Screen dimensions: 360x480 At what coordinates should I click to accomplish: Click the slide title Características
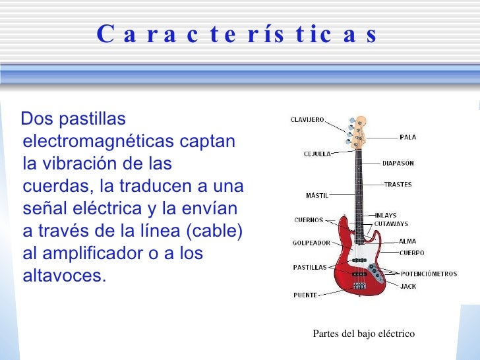click(x=237, y=34)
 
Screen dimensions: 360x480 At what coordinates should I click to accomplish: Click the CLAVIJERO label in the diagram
click(x=307, y=120)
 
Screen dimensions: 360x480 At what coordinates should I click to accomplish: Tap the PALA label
click(x=407, y=137)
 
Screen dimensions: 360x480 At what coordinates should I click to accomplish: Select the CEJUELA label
click(x=317, y=154)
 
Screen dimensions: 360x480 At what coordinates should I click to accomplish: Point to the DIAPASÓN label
click(x=398, y=163)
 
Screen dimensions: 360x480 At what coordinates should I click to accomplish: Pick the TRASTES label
click(x=398, y=185)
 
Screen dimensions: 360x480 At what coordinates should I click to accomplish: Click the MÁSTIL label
click(x=317, y=195)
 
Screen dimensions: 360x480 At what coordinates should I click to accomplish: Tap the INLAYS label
click(x=386, y=215)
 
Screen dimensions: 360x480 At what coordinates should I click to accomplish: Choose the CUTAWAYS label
click(x=391, y=224)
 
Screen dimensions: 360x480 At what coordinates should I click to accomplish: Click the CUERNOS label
click(x=309, y=220)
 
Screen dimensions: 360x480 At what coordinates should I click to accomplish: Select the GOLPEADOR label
click(x=311, y=243)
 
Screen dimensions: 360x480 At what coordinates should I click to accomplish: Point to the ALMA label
click(x=407, y=242)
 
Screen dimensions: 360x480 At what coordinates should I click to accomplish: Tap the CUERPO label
click(x=411, y=253)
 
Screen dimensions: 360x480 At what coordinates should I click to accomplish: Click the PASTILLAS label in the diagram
click(x=310, y=267)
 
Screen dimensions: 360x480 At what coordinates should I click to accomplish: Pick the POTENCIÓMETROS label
click(x=429, y=274)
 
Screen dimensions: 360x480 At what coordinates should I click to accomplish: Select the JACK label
click(x=408, y=287)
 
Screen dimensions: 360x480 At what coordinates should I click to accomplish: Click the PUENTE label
click(x=305, y=295)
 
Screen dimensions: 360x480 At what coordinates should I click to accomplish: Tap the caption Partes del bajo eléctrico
click(x=363, y=334)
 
